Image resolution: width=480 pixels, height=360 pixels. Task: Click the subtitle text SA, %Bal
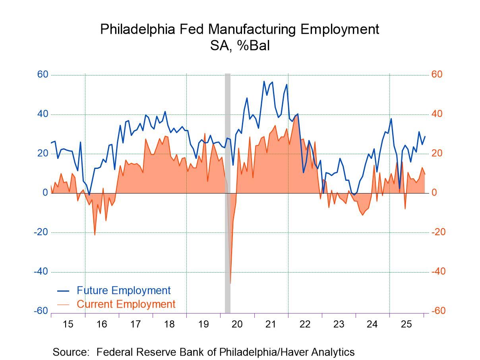point(240,46)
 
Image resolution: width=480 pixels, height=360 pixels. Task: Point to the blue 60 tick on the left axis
point(43,75)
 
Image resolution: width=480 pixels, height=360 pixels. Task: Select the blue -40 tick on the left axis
point(41,272)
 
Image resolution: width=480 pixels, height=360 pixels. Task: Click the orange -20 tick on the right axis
point(439,232)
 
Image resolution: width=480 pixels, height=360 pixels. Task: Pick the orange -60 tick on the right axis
point(439,311)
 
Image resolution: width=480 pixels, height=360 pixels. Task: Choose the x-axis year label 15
point(68,324)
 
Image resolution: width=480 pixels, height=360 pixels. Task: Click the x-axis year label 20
point(237,324)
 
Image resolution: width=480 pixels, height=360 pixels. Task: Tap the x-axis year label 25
point(406,324)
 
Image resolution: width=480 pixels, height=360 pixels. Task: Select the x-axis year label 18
point(169,324)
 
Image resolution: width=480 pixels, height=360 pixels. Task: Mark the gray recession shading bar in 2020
point(228,179)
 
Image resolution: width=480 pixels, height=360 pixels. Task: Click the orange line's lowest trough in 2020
point(230,283)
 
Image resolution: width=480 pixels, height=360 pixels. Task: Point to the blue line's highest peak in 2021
point(264,81)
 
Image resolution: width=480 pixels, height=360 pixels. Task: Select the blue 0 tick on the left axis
point(45,193)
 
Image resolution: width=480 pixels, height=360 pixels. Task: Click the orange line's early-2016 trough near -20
point(95,235)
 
